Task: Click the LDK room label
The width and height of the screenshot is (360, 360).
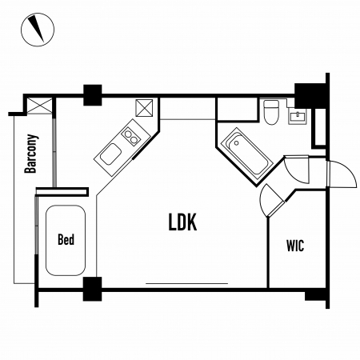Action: point(183,222)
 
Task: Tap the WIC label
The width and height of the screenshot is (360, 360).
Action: point(295,246)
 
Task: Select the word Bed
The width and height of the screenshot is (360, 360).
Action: point(66,239)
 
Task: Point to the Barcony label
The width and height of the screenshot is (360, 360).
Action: point(31,154)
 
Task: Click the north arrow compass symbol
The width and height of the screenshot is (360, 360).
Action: point(38,30)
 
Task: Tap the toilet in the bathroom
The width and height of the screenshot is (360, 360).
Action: point(271,112)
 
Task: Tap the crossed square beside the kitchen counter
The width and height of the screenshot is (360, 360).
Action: point(144,108)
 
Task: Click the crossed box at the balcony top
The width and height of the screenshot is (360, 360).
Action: point(40,106)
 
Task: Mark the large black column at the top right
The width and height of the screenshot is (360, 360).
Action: point(311,96)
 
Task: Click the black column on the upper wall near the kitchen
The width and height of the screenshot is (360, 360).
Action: point(93,95)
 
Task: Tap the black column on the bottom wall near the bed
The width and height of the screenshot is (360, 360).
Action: point(92,289)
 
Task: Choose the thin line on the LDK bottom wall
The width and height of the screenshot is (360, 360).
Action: point(186,283)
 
